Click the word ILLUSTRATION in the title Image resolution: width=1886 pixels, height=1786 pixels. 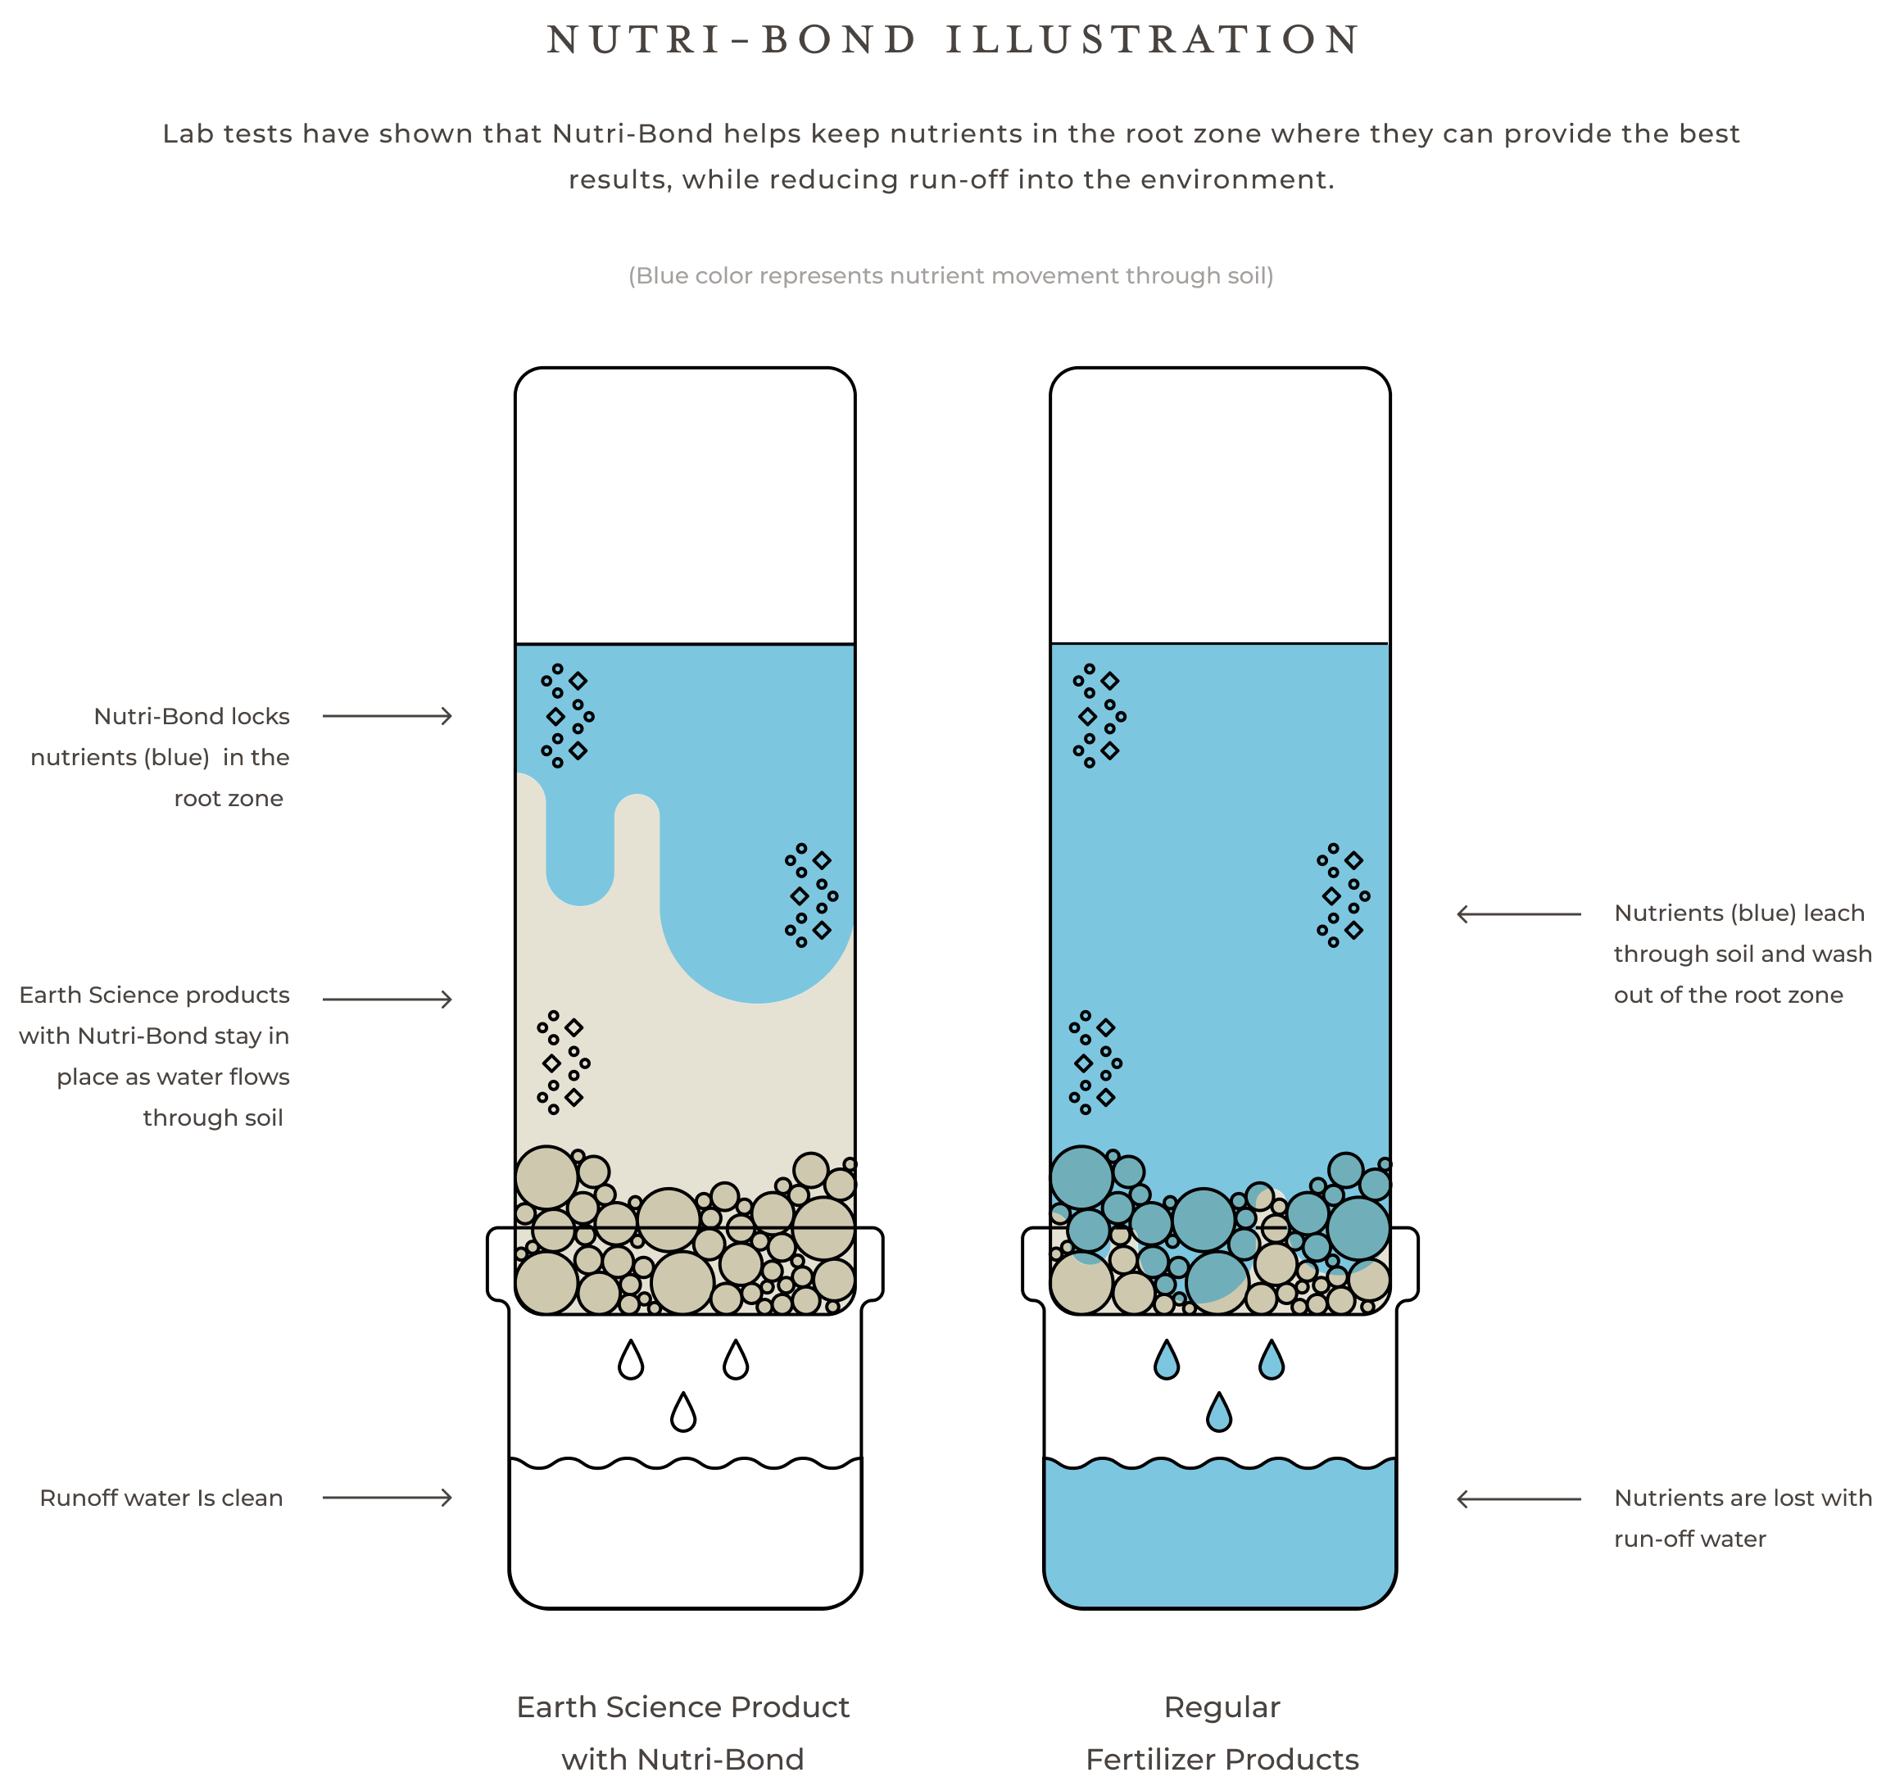1152,40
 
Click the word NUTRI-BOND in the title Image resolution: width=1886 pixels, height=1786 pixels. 731,40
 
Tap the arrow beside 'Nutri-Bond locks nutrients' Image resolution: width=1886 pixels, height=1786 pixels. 387,716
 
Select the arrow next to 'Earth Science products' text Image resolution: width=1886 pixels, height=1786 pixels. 387,999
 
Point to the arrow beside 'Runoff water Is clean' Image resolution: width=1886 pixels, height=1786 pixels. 387,1498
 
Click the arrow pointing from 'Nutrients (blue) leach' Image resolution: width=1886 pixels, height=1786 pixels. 1518,914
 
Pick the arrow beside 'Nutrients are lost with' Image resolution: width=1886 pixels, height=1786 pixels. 1518,1498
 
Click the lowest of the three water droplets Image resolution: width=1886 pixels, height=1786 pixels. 1218,1414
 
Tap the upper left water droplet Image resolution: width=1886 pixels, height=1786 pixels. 1166,1362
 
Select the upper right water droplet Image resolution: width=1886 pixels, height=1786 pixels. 1271,1362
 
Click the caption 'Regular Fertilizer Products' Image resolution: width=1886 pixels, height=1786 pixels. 1222,1733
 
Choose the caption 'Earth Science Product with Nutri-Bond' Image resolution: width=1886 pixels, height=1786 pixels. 682,1733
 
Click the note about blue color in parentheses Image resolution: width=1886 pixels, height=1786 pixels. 950,276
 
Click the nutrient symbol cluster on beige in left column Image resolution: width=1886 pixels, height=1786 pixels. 563,1063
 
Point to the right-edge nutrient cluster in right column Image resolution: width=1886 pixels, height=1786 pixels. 1342,895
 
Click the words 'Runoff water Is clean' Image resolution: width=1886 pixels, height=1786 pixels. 161,1498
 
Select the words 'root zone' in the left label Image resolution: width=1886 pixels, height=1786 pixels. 229,798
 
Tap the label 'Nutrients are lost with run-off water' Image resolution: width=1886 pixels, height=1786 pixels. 1743,1517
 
